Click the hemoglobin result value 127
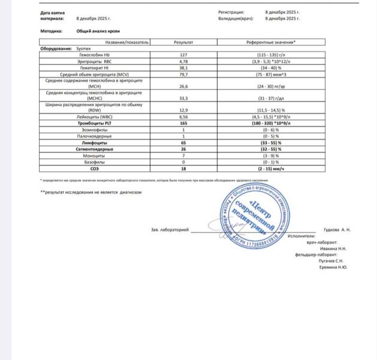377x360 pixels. point(183,55)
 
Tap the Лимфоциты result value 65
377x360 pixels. point(183,143)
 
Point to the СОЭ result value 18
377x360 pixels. point(183,169)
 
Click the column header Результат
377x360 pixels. point(183,42)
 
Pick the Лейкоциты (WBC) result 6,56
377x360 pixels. point(183,116)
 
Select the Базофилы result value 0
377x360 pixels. point(183,163)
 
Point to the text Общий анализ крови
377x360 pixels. point(96,31)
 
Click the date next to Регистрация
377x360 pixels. point(282,12)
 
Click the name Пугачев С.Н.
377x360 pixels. point(331,261)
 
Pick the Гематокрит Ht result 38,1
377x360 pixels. point(183,67)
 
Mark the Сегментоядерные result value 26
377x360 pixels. point(183,149)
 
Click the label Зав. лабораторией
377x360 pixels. point(170,229)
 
